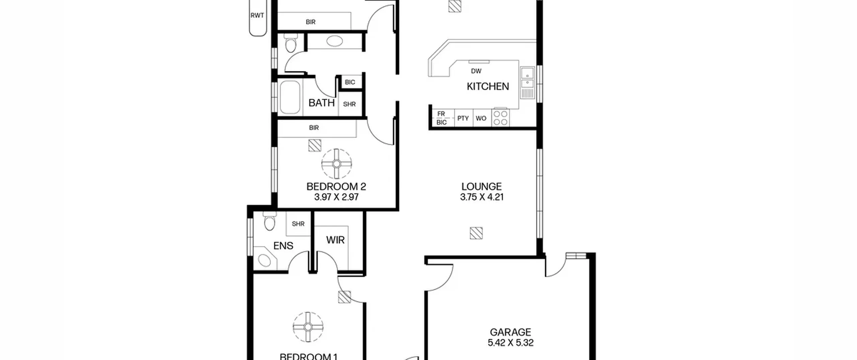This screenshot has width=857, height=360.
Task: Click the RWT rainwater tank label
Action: pos(257,15)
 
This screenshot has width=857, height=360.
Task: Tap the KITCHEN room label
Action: pos(488,86)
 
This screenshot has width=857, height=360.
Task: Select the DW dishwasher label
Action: pos(476,71)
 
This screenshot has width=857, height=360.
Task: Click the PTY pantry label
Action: pos(463,118)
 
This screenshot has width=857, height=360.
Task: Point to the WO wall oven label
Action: pos(481,118)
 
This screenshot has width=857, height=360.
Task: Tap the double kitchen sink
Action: pos(528,82)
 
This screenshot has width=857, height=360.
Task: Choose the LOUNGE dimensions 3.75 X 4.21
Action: pos(482,197)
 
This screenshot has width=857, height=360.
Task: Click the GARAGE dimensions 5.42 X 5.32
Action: pos(511,343)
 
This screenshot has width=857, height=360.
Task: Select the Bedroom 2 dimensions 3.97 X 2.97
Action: pos(336,197)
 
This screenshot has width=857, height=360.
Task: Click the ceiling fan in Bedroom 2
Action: pos(336,164)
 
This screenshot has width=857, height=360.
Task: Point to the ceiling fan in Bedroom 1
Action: pos(308,327)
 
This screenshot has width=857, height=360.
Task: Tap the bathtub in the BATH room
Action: pos(290,97)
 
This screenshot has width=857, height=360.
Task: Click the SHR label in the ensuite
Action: pos(298,224)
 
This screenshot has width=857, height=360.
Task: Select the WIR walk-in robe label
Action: pos(335,240)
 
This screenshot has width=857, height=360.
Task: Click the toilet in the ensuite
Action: pos(269,221)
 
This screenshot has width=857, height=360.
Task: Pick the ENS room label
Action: pos(283,246)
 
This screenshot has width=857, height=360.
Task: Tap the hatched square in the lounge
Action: pos(476,233)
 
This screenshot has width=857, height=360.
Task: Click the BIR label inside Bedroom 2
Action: pos(314,128)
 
